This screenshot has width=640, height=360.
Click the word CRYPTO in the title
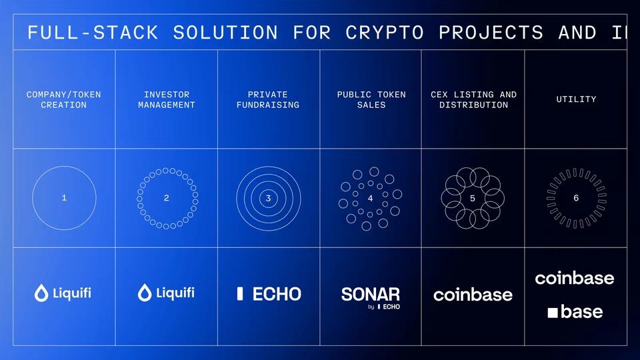[x=385, y=33]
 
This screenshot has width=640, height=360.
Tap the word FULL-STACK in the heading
[x=93, y=33]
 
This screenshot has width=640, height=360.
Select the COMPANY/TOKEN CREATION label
[x=64, y=99]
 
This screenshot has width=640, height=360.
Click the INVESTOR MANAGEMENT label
[x=167, y=99]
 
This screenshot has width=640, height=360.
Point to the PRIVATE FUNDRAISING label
[x=268, y=99]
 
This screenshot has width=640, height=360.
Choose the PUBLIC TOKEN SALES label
[x=371, y=99]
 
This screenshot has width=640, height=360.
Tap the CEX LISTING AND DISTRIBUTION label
[x=473, y=99]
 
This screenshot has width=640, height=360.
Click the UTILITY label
[x=576, y=99]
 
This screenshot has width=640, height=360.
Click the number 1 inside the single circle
[x=64, y=198]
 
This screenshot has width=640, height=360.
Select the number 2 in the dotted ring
[x=167, y=198]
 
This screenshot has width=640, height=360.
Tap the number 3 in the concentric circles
[x=268, y=199]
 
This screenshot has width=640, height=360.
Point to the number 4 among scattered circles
[x=370, y=199]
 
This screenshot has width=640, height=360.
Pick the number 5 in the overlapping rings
[x=473, y=199]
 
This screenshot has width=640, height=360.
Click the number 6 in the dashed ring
[x=576, y=198]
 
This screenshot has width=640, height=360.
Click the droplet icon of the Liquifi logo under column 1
[x=41, y=293]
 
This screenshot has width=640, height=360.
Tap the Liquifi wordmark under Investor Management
[x=175, y=293]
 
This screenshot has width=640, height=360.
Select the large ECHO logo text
[x=277, y=294]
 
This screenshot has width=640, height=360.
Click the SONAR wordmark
[x=371, y=294]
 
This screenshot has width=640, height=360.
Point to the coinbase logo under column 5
[x=473, y=295]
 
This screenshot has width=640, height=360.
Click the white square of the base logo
[x=553, y=313]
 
